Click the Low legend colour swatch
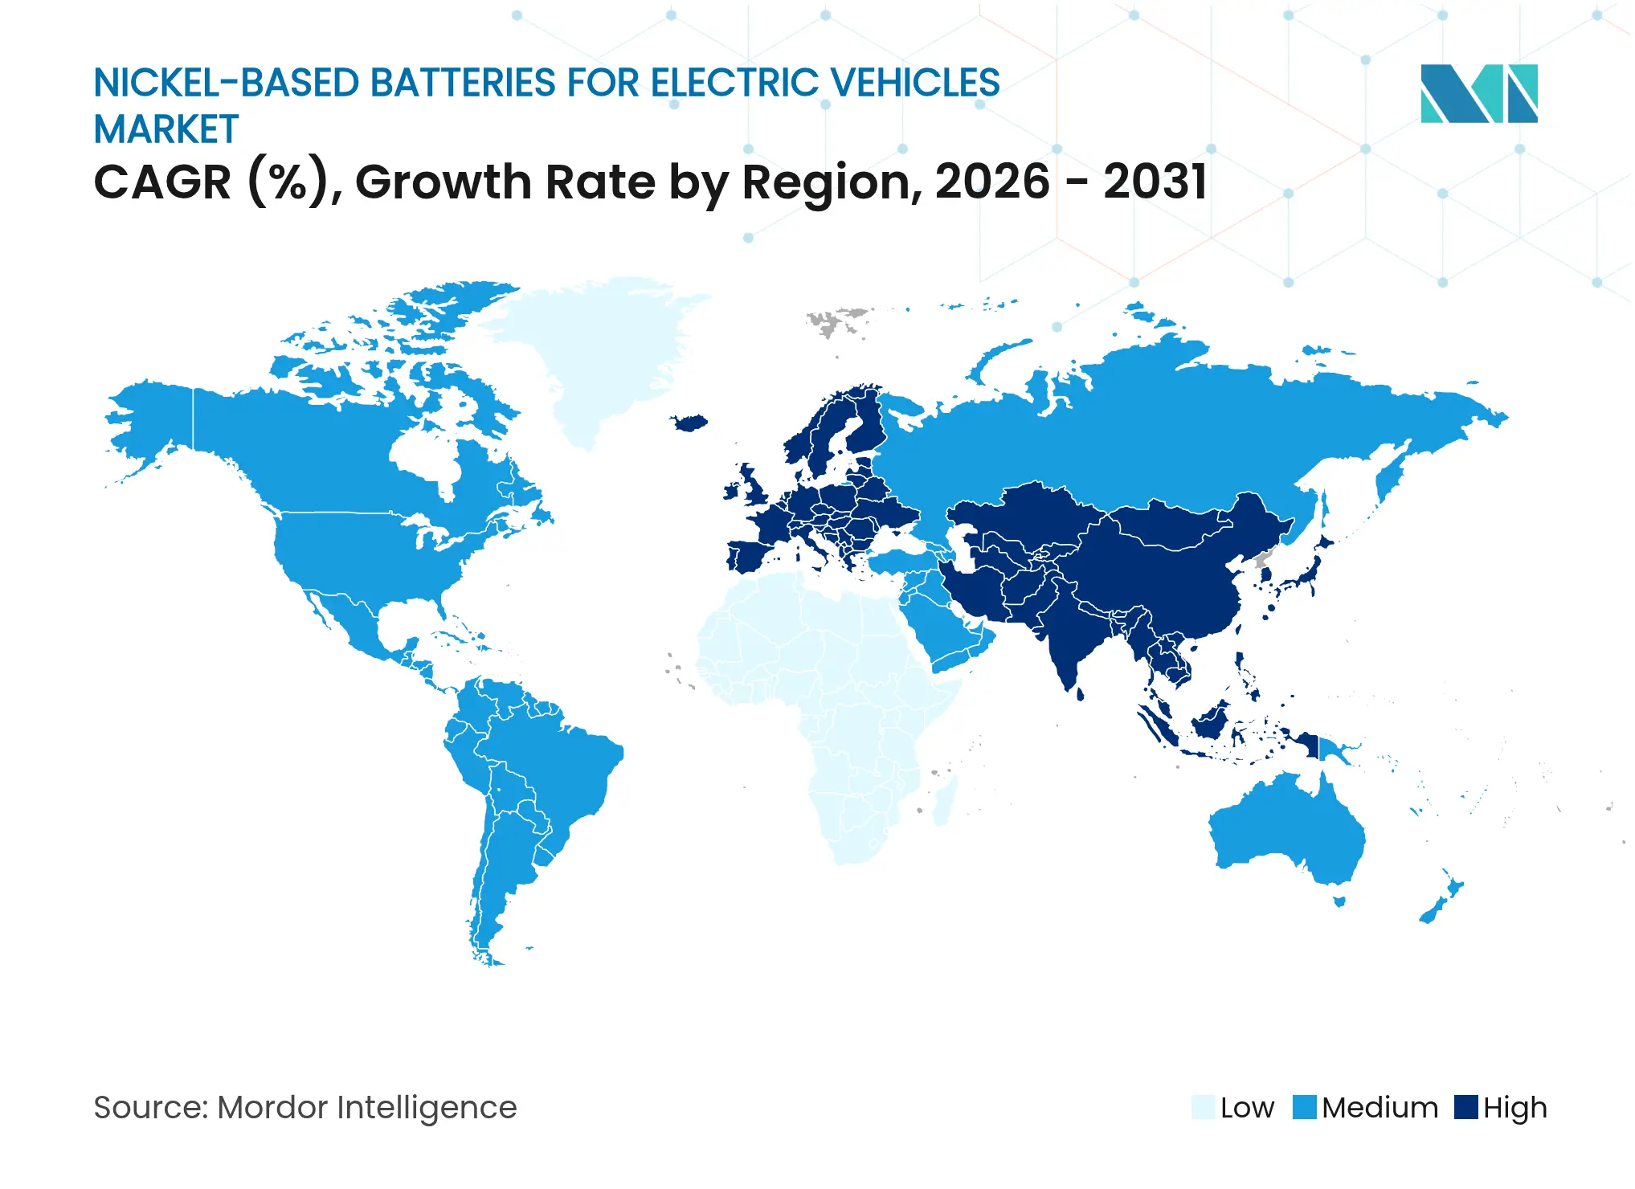[x=1203, y=1107]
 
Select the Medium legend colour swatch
[x=1305, y=1107]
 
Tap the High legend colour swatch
[x=1466, y=1107]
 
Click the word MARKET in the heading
[x=166, y=130]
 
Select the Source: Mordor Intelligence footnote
[x=305, y=1107]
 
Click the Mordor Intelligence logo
[x=1478, y=93]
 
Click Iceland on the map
[x=689, y=423]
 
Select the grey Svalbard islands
[x=836, y=321]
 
